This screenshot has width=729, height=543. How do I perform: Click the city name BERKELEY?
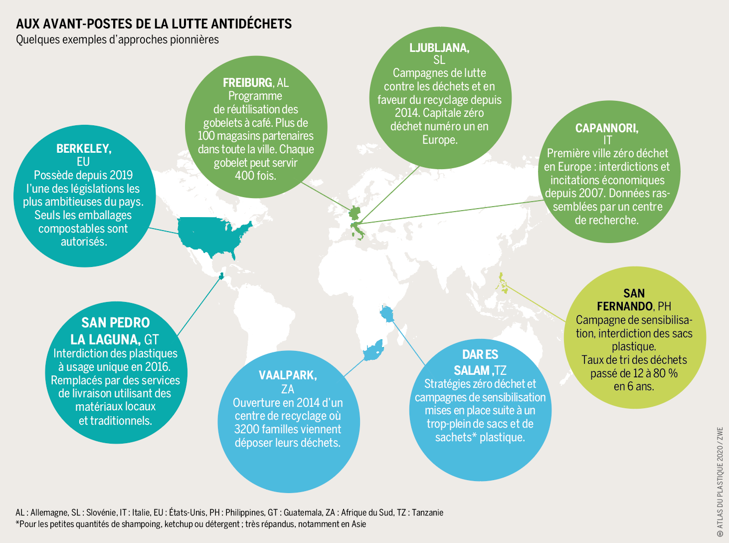click(x=84, y=149)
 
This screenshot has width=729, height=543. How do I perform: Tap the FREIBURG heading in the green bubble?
click(x=247, y=83)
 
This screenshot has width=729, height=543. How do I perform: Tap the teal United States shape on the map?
click(x=213, y=235)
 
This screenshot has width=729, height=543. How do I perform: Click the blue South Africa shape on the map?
click(x=373, y=350)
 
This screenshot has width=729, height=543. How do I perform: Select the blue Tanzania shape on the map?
click(x=387, y=313)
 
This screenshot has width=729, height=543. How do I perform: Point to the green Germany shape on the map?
click(x=355, y=213)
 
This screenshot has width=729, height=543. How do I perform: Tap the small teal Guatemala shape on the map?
click(x=221, y=276)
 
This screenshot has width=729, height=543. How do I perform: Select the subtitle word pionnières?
click(x=194, y=40)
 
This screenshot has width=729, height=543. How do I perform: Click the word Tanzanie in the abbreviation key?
click(x=428, y=513)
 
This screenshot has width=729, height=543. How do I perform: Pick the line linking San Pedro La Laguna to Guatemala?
click(x=199, y=306)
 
